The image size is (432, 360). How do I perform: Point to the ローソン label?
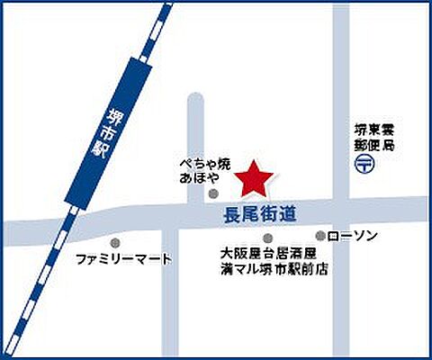pyautogui.click(x=353, y=236)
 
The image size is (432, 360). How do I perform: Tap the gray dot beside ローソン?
pyautogui.click(x=320, y=236)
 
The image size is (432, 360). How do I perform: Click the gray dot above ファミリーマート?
pyautogui.click(x=114, y=242)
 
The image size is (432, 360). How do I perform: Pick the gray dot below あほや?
pyautogui.click(x=212, y=193)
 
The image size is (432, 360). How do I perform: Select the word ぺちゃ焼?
pyautogui.click(x=204, y=164)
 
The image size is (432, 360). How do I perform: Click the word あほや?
pyautogui.click(x=198, y=178)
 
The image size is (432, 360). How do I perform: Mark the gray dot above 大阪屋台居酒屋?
pyautogui.click(x=242, y=238)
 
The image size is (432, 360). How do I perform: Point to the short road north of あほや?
pyautogui.click(x=196, y=121)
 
